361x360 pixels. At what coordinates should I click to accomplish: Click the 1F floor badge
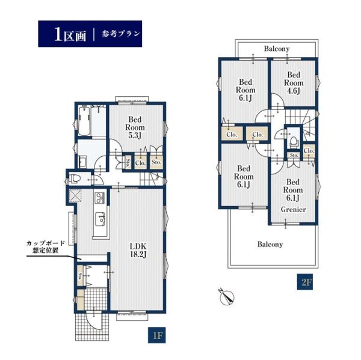(x=156, y=335)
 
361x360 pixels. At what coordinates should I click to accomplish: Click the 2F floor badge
(x=304, y=281)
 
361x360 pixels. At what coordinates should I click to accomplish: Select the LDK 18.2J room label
(x=138, y=250)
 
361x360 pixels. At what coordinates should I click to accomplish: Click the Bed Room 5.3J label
(x=135, y=127)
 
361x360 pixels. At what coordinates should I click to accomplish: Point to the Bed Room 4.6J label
(x=294, y=83)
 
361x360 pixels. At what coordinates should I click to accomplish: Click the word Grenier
(x=294, y=210)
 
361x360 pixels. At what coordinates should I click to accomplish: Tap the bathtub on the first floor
(x=84, y=121)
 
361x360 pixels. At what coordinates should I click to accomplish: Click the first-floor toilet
(x=75, y=178)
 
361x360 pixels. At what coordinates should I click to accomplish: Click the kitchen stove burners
(x=100, y=198)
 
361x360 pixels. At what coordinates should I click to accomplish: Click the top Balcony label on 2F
(x=277, y=49)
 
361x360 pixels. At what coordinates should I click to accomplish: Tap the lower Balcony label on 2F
(x=270, y=244)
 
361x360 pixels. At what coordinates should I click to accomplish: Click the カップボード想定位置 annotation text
(x=45, y=247)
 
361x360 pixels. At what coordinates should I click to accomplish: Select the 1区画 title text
(x=70, y=34)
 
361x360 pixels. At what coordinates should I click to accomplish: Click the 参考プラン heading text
(x=121, y=34)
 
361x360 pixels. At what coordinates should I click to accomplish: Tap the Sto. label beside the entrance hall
(x=80, y=276)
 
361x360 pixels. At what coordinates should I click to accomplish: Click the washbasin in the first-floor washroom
(x=82, y=161)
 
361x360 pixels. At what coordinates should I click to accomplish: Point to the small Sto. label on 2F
(x=294, y=155)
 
